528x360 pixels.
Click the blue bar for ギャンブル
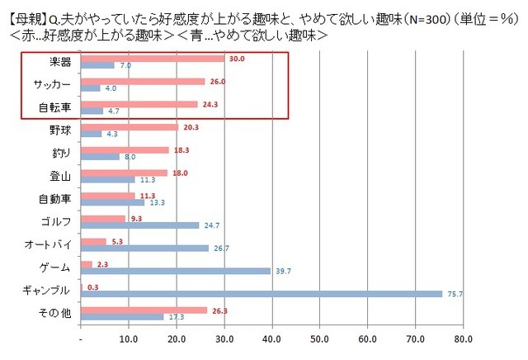[x=262, y=293]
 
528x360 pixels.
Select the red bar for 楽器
[x=153, y=59]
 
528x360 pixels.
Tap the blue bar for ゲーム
[x=176, y=270]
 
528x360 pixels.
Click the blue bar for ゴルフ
[x=140, y=225]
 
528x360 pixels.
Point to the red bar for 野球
[x=130, y=127]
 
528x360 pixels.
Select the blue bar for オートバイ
[x=144, y=248]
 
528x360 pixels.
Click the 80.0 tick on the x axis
[x=463, y=339]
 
